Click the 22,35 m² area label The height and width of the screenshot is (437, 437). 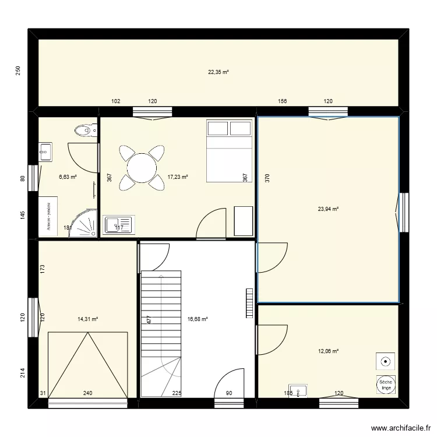tap(218, 72)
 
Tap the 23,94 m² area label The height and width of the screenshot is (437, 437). tap(328, 209)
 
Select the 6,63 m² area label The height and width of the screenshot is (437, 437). tap(68, 177)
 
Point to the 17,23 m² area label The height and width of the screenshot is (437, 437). tap(178, 177)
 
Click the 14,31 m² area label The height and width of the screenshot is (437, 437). tap(87, 319)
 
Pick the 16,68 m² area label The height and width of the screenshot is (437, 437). tap(198, 319)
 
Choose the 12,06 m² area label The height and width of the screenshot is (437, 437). tap(328, 351)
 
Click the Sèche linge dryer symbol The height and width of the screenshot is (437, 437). tap(386, 383)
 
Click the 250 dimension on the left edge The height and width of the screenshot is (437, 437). tap(18, 71)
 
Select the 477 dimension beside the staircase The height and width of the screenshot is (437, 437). tap(149, 320)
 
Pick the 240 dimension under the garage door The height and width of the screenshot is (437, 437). tap(87, 393)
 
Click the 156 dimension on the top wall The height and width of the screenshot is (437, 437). tap(283, 101)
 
